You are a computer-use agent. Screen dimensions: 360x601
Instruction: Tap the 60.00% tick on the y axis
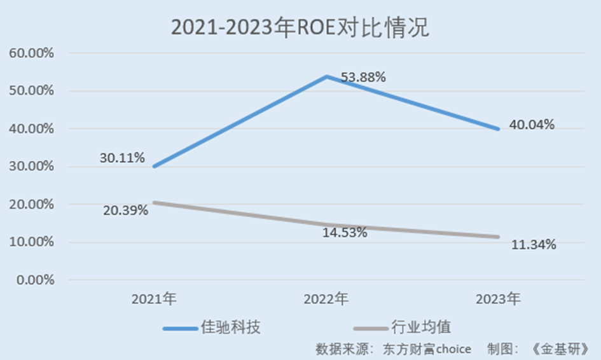pos(31,53)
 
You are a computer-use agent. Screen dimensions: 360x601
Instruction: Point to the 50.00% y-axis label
pos(31,91)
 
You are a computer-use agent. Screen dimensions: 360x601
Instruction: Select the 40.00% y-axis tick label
pos(31,129)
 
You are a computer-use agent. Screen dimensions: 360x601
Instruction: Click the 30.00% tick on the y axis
pos(31,167)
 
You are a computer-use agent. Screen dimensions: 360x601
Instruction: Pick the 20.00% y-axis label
pos(31,204)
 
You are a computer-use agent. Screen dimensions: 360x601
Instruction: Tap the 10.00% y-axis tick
pos(31,242)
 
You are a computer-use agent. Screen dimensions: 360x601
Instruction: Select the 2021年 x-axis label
pos(154,298)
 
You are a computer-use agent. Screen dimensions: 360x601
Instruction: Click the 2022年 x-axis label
pos(326,298)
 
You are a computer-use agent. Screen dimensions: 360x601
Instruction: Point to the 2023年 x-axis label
pos(499,298)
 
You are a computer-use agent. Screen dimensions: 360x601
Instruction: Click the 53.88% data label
pos(363,78)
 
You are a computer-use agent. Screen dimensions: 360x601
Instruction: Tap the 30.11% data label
pos(121,157)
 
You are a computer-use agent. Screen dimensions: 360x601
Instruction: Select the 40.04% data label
pos(532,125)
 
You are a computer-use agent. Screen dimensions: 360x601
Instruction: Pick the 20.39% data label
pos(125,209)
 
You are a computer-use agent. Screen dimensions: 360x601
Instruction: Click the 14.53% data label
pos(345,232)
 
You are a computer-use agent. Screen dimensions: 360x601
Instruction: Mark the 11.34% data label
pos(534,244)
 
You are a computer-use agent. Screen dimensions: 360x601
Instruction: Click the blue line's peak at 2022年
pos(326,76)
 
